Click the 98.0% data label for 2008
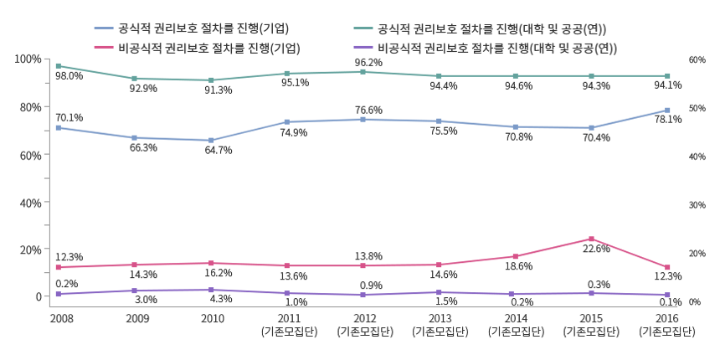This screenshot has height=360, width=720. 69,76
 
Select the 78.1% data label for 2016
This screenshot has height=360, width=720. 667,120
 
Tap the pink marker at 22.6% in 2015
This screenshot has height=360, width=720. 591,239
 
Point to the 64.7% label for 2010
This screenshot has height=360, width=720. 219,151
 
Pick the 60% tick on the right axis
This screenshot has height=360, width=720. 697,60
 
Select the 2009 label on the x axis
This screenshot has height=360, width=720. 137,319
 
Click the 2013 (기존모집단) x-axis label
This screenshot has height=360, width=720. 440,325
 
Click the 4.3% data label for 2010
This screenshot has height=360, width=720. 219,299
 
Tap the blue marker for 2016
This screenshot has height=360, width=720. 667,111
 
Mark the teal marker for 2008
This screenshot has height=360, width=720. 58,66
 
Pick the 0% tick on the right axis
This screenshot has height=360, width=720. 694,301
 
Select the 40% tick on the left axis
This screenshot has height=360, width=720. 30,203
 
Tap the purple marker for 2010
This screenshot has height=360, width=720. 211,290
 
